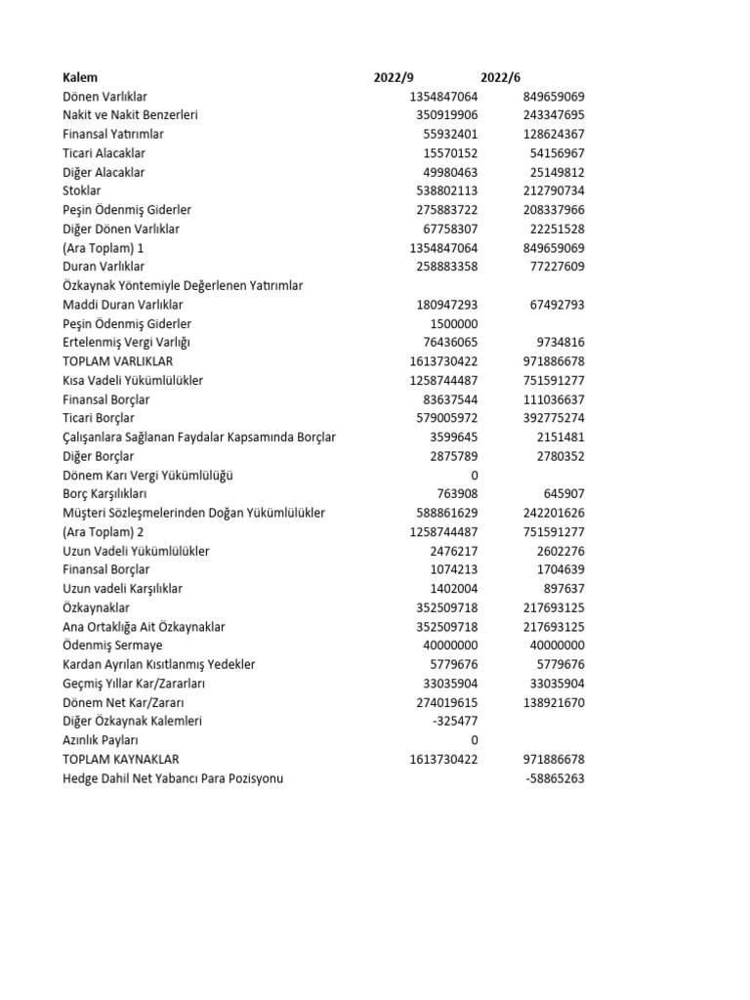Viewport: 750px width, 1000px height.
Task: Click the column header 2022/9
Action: coord(394,77)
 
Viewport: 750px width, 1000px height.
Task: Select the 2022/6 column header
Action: coord(500,77)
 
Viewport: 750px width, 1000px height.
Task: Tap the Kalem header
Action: coord(80,77)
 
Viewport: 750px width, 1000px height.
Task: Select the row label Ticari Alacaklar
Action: coord(104,153)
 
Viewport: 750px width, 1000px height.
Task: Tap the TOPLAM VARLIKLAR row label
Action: coord(117,361)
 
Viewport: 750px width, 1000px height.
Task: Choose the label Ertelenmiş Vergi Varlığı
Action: coord(126,342)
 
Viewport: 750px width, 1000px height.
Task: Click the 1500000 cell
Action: coord(454,323)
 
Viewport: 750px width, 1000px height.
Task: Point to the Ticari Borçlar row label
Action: coord(100,418)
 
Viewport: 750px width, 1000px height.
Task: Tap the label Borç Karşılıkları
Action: coord(104,494)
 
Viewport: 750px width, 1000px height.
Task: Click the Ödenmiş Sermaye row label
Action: coord(112,646)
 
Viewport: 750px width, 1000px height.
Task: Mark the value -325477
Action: coord(455,721)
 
